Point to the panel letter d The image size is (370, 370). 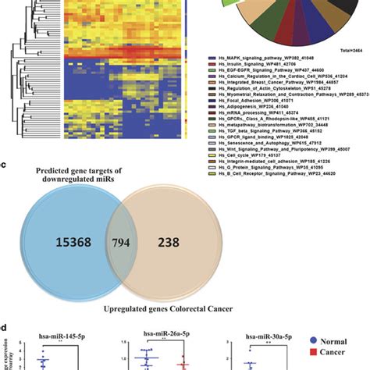pos(5,328)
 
